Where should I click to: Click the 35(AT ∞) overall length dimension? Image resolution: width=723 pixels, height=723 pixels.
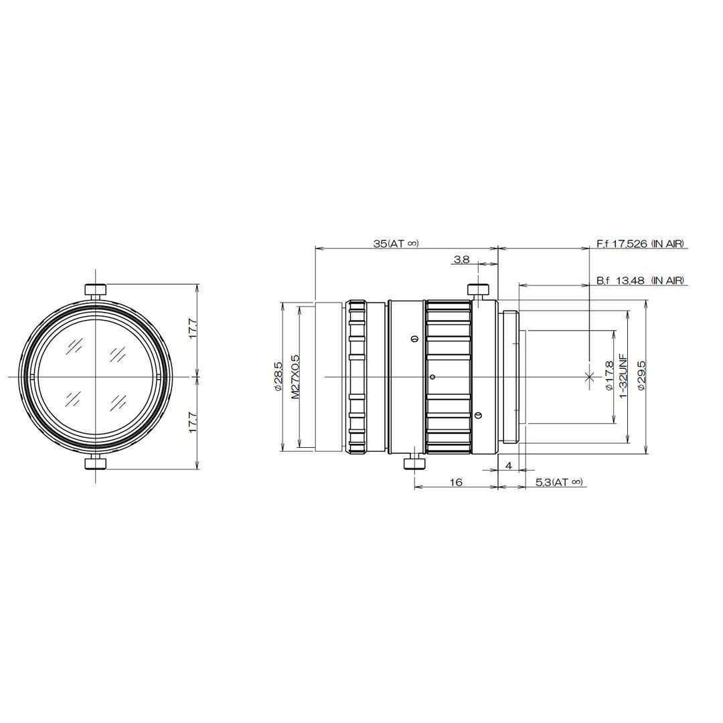pos(396,244)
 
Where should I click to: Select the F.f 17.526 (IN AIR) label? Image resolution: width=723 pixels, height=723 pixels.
pos(640,243)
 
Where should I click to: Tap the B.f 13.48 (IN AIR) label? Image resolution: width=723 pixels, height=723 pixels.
pos(640,280)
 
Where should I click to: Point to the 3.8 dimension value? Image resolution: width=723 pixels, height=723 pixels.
pos(461,260)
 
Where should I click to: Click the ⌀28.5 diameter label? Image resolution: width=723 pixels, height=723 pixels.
pos(278,376)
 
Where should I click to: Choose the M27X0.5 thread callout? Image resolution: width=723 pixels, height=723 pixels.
pos(296,377)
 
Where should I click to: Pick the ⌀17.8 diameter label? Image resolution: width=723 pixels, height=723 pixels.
pos(609,377)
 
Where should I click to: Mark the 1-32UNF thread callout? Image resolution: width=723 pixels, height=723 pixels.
pos(623,377)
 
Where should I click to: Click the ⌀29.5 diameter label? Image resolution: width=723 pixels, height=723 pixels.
pos(640,377)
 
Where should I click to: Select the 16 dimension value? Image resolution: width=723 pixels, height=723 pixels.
pos(456,482)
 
